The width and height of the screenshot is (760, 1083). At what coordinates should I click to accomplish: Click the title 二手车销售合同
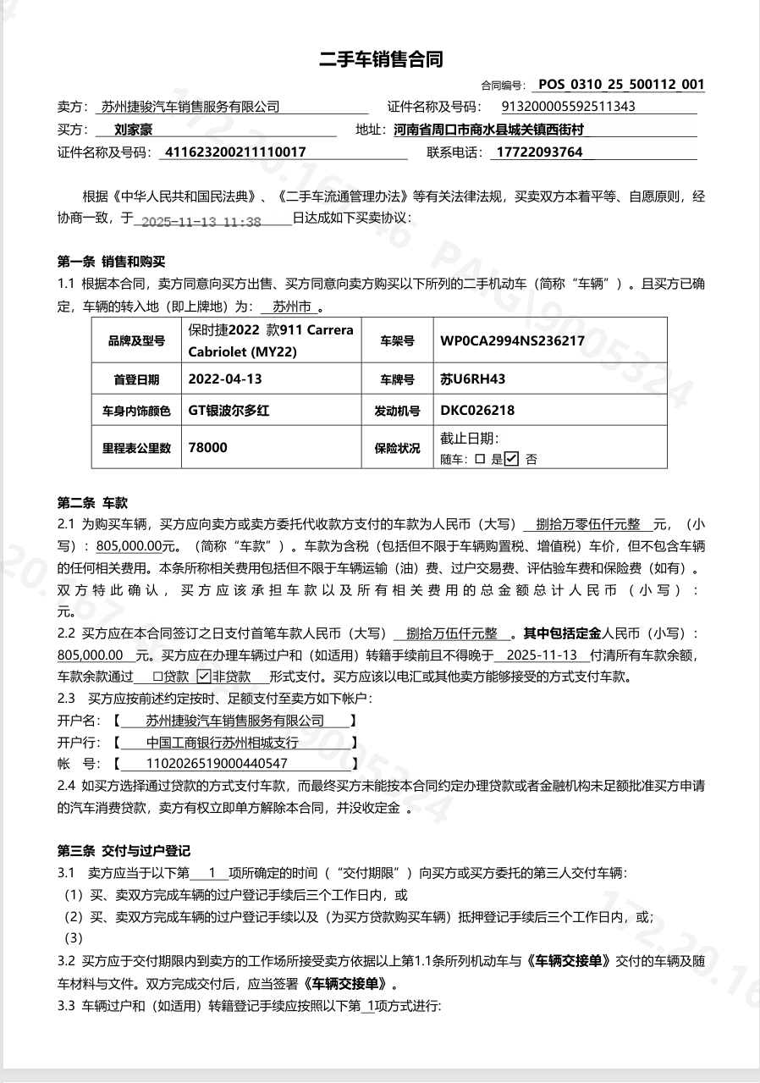380,59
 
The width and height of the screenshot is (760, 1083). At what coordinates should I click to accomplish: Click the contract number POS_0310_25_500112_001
621,85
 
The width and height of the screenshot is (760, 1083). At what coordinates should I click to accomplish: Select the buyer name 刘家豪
121,130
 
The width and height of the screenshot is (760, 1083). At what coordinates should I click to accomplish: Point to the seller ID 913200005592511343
569,107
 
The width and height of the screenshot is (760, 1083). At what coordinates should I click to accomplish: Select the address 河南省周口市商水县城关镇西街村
489,130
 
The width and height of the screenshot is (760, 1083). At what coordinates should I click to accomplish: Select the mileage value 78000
208,447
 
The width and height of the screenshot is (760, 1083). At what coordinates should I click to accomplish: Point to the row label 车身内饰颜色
136,412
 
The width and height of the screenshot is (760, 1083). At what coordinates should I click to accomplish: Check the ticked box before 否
511,459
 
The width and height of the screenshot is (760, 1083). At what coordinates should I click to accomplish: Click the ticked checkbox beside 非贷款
203,676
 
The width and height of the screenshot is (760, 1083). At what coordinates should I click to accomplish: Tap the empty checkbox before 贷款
157,677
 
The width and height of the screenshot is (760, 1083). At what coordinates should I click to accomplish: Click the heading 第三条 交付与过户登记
124,851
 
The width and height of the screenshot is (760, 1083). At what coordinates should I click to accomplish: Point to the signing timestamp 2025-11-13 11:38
201,222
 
